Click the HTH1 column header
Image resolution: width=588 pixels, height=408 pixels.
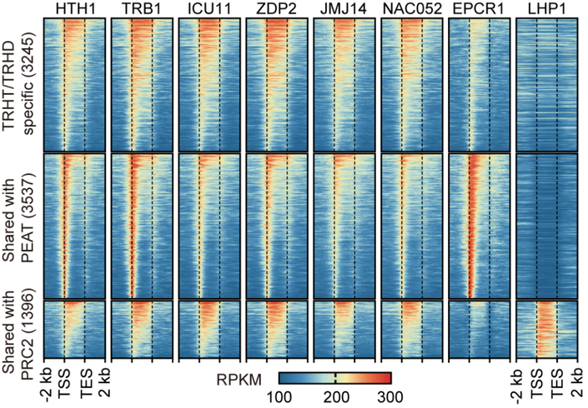(73, 8)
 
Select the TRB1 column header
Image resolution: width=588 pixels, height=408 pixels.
(140, 8)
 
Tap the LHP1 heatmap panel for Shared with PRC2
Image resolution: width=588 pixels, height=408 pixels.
(546, 331)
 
